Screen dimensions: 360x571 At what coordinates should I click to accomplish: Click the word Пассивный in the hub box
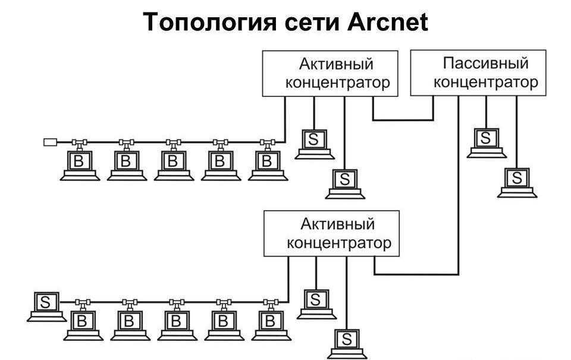tap(486, 62)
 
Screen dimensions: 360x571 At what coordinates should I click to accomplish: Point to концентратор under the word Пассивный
tap(486, 82)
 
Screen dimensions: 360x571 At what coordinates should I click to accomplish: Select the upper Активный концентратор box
tap(330, 73)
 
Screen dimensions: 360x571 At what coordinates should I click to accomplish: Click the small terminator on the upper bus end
tap(50, 142)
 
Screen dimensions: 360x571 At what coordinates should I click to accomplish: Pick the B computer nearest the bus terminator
tap(79, 163)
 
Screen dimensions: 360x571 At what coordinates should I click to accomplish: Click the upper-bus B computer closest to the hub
tap(267, 163)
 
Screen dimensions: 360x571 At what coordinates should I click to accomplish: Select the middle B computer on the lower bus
tap(175, 324)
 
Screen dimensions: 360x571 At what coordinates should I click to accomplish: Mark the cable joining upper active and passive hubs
tap(403, 120)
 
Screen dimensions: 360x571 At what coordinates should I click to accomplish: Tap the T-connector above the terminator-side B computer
tap(79, 143)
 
